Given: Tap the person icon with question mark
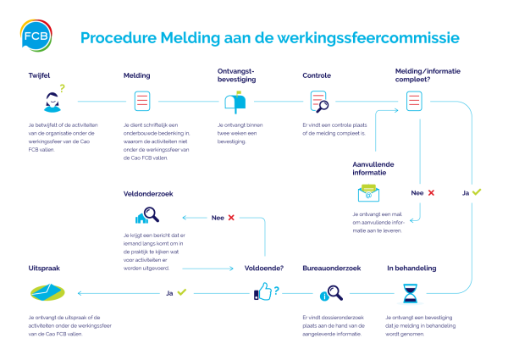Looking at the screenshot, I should pyautogui.click(x=52, y=102).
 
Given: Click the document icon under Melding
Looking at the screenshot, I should pyautogui.click(x=142, y=102).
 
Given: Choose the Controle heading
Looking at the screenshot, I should pyautogui.click(x=317, y=75).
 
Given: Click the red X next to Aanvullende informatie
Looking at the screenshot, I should pyautogui.click(x=431, y=193).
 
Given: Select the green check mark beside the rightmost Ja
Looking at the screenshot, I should pyautogui.click(x=476, y=192).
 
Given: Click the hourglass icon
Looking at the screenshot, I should pyautogui.click(x=410, y=293).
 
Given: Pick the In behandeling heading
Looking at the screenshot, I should pyautogui.click(x=411, y=268).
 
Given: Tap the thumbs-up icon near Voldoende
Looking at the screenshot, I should pyautogui.click(x=265, y=293).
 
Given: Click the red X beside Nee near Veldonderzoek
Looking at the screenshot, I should pyautogui.click(x=230, y=218).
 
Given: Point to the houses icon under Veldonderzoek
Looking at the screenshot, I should pyautogui.click(x=141, y=218).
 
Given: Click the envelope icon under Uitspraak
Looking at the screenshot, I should pyautogui.click(x=47, y=293).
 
